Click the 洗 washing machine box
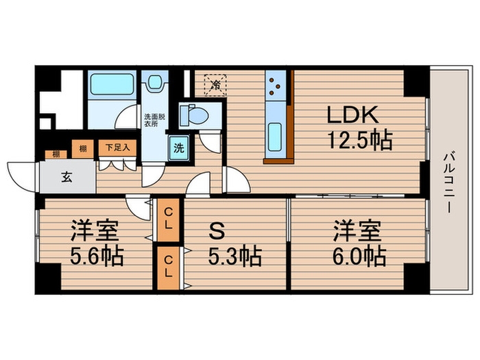[x=178, y=147]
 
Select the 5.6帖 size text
[x=97, y=257]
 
